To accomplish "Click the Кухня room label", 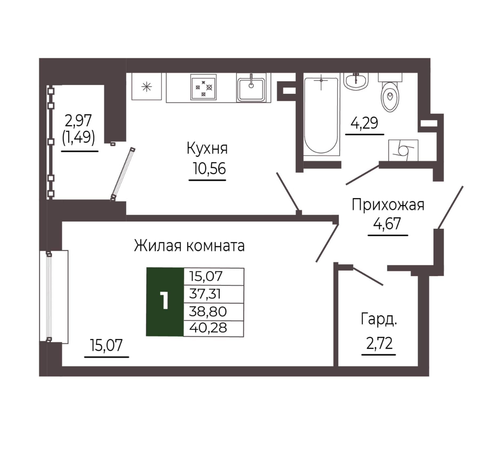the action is click(207, 149).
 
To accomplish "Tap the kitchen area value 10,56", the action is click(209, 168).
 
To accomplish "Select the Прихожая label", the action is click(388, 205).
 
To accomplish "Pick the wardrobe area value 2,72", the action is click(379, 343).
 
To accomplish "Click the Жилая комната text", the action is click(189, 246).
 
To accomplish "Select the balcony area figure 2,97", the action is click(78, 120).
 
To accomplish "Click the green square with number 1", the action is click(165, 302).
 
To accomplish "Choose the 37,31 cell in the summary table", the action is click(214, 294).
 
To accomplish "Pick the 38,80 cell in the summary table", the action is click(214, 312).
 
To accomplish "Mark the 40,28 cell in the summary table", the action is click(214, 328).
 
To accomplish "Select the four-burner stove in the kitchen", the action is click(203, 87).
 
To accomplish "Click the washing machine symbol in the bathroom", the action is click(403, 150).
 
